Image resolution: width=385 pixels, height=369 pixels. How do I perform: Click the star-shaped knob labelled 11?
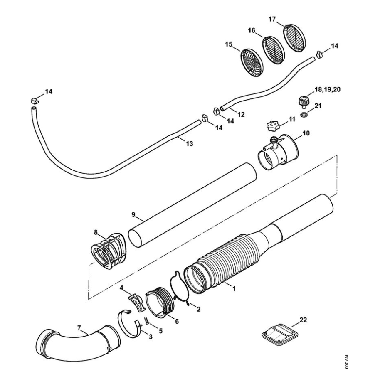(x=272, y=125)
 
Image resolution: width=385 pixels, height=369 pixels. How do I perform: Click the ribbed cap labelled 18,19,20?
(x=302, y=101)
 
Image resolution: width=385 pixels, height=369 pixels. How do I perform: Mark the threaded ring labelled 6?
(x=160, y=306)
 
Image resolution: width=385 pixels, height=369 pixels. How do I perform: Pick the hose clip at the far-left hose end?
(x=35, y=100)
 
